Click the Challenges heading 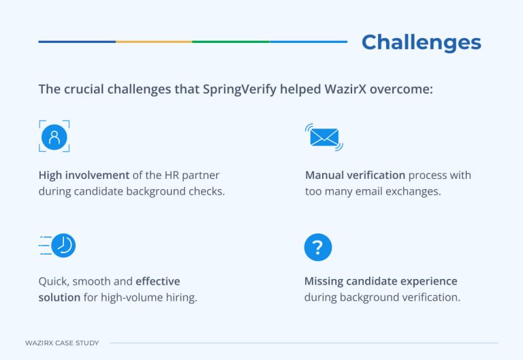click(x=421, y=42)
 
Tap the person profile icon click(x=54, y=136)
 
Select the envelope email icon click(x=323, y=137)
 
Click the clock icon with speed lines click(x=59, y=245)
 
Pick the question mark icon click(x=318, y=247)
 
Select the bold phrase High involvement click(x=74, y=175)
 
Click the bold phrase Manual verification click(x=355, y=175)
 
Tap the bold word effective click(x=157, y=281)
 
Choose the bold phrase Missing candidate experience click(x=381, y=281)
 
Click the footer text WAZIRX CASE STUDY click(x=62, y=343)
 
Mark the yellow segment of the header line click(x=154, y=42)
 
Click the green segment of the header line click(x=231, y=42)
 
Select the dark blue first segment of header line click(x=77, y=42)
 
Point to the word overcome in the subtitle click(x=405, y=90)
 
